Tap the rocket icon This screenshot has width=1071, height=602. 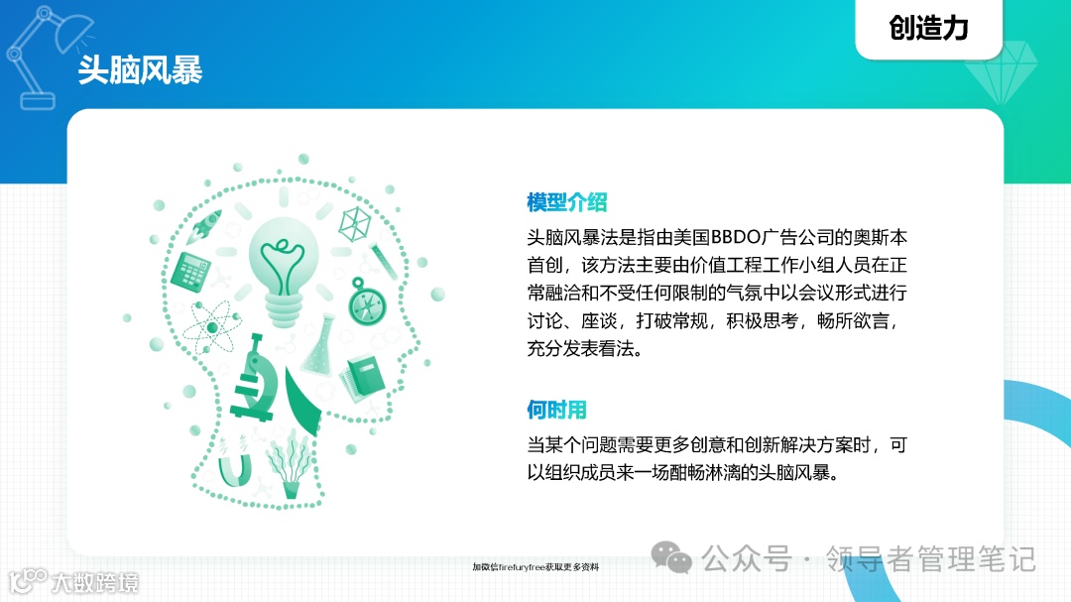click(x=206, y=223)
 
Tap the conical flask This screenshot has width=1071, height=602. click(x=320, y=347)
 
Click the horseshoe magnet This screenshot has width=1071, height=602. click(x=234, y=467)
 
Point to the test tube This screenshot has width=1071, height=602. click(x=382, y=257)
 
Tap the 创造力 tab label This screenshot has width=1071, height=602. click(x=928, y=28)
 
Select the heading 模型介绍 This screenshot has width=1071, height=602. click(x=566, y=203)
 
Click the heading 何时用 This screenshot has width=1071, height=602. click(x=556, y=410)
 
